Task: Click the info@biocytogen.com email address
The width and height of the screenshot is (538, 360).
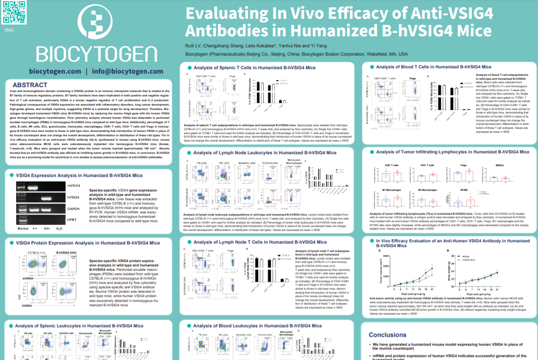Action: click(128, 71)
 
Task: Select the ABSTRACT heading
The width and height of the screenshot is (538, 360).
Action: click(30, 85)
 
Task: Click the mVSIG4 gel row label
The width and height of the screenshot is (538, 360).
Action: click(73, 186)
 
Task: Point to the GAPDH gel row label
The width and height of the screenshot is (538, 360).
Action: click(73, 209)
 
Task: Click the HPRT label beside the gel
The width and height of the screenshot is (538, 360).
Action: click(72, 220)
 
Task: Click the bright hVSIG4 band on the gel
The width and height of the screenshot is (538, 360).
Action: click(47, 198)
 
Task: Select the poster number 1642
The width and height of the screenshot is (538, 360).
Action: click(9, 30)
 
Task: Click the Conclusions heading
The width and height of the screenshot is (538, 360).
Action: click(388, 335)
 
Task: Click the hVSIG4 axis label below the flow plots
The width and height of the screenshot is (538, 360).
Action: click(29, 305)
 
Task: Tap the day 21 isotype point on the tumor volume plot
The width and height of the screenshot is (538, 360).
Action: click(432, 268)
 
